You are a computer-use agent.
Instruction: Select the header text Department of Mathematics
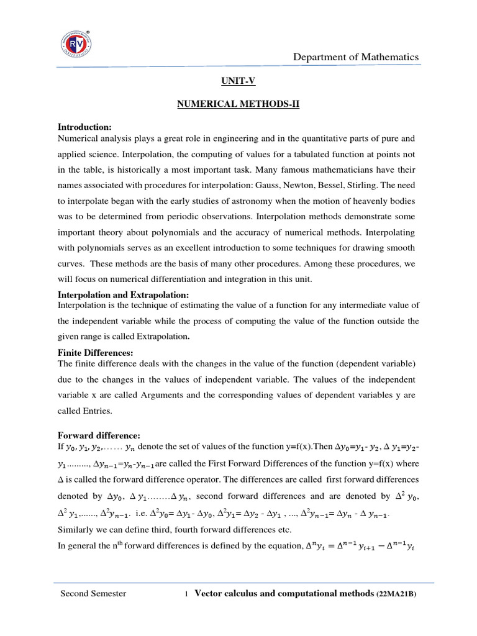click(356, 57)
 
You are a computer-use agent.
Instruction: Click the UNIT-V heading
click(238, 81)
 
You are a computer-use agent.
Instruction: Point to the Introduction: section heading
click(84, 127)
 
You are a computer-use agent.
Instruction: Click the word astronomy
click(232, 201)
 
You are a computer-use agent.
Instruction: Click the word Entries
click(96, 411)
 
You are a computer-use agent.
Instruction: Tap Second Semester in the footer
click(93, 594)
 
